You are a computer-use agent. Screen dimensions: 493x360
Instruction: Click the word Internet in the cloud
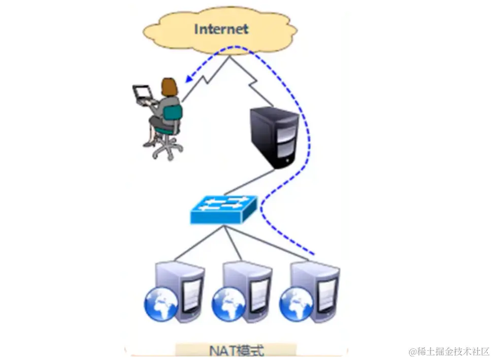(221, 28)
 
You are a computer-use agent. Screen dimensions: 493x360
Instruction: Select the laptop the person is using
(142, 93)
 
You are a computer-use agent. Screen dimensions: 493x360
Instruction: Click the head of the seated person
(169, 87)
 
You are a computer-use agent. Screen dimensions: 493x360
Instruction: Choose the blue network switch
(224, 209)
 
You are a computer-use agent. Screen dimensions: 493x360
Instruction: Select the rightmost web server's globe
(293, 303)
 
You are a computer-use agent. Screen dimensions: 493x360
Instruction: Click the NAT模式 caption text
(237, 350)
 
